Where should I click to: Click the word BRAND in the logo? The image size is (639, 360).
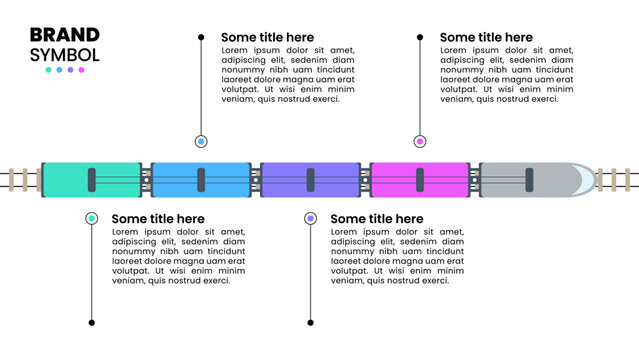coord(65,35)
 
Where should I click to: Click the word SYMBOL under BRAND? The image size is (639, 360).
coord(65,55)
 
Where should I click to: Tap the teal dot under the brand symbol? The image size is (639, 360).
coord(48,70)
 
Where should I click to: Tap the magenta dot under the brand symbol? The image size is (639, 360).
coord(82,70)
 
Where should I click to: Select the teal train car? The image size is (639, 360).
coord(91,179)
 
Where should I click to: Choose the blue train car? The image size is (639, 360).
coord(200,179)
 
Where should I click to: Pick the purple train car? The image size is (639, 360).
coord(310,179)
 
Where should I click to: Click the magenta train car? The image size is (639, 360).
coord(419,179)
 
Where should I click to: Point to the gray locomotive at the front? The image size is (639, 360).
coord(535,179)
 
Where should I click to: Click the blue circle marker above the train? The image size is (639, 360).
coord(201,142)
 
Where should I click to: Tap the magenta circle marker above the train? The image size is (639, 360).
coord(420,142)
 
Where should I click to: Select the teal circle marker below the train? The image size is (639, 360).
coord(91,218)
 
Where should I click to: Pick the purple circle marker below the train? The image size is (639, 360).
coord(310,218)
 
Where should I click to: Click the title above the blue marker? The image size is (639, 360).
coord(267,38)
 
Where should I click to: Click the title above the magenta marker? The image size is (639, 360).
coord(486,38)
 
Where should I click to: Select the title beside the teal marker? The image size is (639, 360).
coord(158,219)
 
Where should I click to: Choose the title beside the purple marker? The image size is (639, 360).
coord(377,219)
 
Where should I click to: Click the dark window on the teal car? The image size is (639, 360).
coord(91,179)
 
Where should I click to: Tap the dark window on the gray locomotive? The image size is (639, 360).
coord(529,179)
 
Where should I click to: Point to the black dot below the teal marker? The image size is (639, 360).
coord(91,322)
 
